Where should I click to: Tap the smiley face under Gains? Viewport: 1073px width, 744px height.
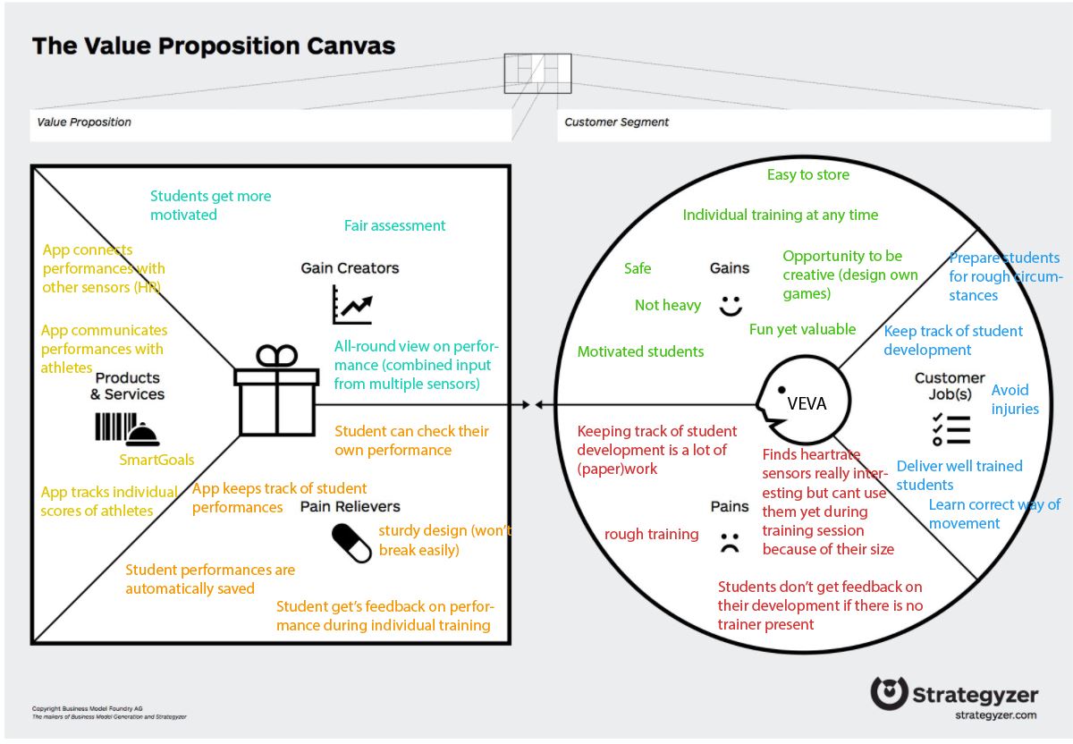tap(731, 305)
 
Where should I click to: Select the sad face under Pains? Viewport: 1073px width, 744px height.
tap(730, 542)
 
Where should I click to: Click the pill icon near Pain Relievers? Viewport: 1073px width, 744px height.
tap(351, 543)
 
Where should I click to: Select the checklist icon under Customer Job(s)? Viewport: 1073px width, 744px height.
tap(950, 429)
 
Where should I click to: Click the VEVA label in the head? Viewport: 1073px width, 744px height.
tap(807, 403)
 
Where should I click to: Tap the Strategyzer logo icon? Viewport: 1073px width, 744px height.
tap(888, 694)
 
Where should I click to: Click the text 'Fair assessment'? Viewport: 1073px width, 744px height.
tap(394, 226)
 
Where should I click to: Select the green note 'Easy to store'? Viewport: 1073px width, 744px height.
tap(808, 175)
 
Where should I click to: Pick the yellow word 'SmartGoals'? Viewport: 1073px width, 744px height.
tap(156, 461)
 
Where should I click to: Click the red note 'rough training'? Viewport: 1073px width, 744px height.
tap(651, 535)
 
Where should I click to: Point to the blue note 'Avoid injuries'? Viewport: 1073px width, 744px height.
tap(1015, 400)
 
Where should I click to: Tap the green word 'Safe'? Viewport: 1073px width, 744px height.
tap(638, 268)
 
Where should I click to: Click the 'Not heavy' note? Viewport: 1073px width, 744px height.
tap(667, 306)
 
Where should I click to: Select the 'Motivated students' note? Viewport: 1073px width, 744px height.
tap(640, 352)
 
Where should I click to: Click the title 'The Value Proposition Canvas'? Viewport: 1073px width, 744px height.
tap(213, 46)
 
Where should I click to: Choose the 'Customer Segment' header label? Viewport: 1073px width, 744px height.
tap(617, 123)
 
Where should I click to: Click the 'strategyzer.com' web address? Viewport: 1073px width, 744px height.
tap(994, 715)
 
